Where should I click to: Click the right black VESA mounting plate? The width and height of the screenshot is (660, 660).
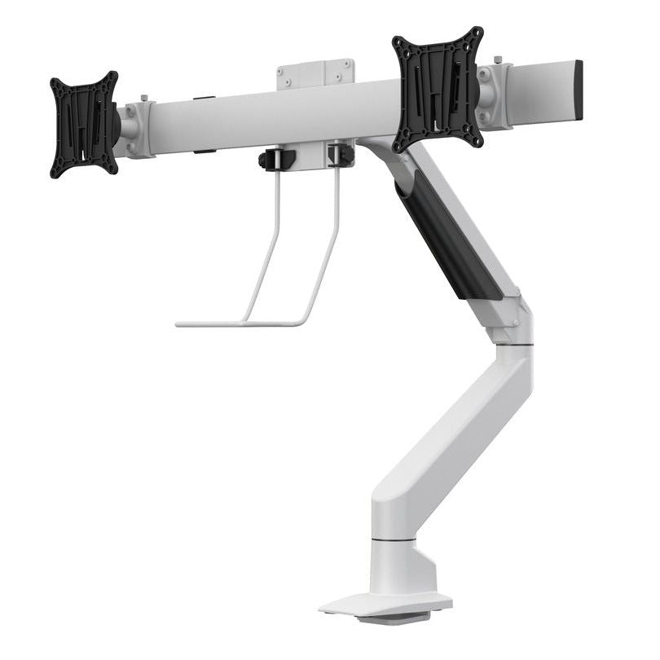click(x=438, y=89)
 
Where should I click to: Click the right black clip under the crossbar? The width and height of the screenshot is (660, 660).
click(x=341, y=154)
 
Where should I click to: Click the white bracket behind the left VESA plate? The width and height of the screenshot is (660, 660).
click(x=136, y=129)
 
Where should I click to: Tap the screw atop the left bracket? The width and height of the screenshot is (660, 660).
click(x=145, y=99)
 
